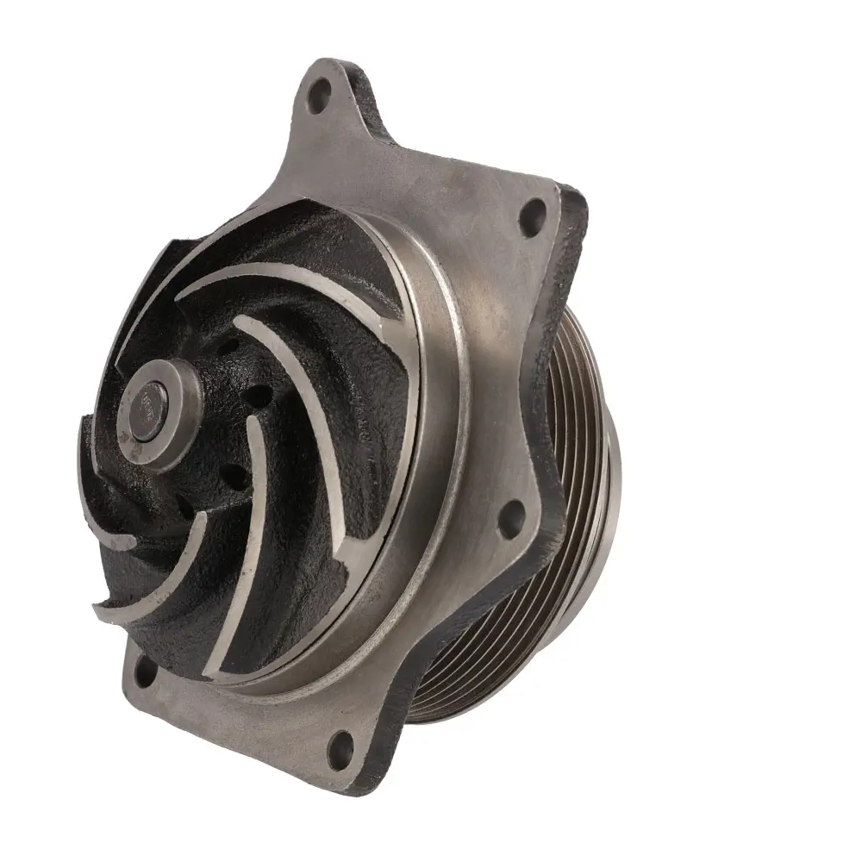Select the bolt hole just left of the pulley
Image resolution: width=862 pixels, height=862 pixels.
click(511, 518)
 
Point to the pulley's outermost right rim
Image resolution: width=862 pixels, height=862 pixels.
click(614, 483)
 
